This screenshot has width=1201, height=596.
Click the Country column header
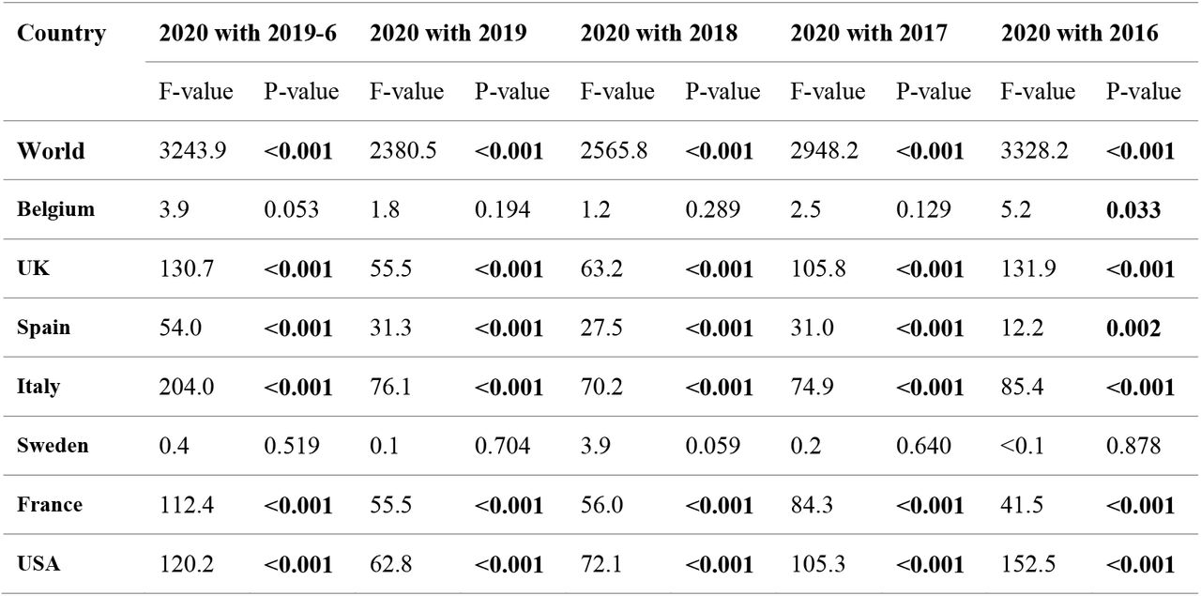[61, 33]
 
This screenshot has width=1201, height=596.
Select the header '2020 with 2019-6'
[248, 33]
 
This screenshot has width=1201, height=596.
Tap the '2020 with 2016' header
[1079, 33]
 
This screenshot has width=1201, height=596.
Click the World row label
[51, 151]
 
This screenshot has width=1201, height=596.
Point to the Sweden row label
[53, 445]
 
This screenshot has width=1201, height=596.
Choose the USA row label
[38, 564]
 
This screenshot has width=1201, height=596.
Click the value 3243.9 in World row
[192, 151]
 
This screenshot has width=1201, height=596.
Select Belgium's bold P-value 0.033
[1133, 209]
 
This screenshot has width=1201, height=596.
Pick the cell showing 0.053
[291, 209]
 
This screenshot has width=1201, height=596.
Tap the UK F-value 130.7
[186, 268]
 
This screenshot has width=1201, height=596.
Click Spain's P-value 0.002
[1133, 328]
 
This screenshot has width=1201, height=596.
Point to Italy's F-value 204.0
[186, 387]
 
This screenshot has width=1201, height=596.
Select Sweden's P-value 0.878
[1133, 446]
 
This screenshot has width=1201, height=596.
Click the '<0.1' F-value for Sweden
[1022, 446]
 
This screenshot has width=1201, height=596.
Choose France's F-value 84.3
[812, 505]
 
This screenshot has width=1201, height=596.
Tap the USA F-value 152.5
[1027, 564]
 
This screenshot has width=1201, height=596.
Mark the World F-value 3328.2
[1034, 151]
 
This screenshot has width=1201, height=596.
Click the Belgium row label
[55, 209]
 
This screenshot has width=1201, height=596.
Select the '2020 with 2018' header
[659, 33]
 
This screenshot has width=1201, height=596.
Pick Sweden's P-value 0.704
[502, 446]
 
